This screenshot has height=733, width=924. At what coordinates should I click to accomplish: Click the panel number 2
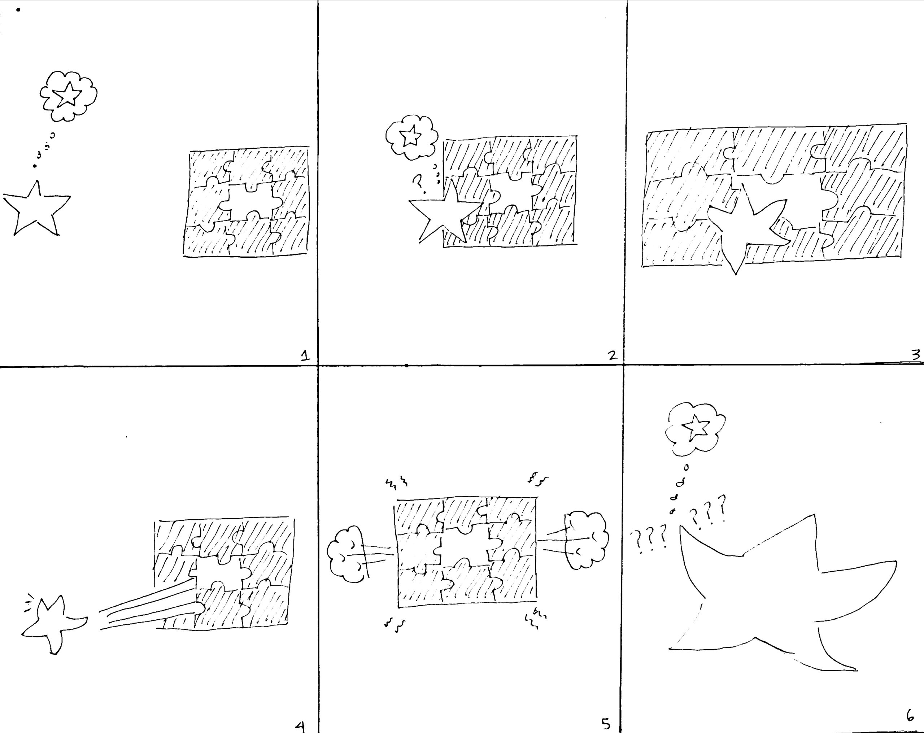point(613,355)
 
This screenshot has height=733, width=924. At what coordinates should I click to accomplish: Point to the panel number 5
point(606,724)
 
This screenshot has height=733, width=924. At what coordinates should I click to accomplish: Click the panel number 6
point(910,716)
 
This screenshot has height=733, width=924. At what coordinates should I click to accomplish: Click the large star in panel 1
point(37,210)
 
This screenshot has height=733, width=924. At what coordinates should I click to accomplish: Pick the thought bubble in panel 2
point(411,136)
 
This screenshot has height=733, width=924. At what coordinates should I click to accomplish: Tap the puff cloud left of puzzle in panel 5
point(347,554)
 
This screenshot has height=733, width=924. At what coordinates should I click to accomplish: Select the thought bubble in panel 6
point(695,428)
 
